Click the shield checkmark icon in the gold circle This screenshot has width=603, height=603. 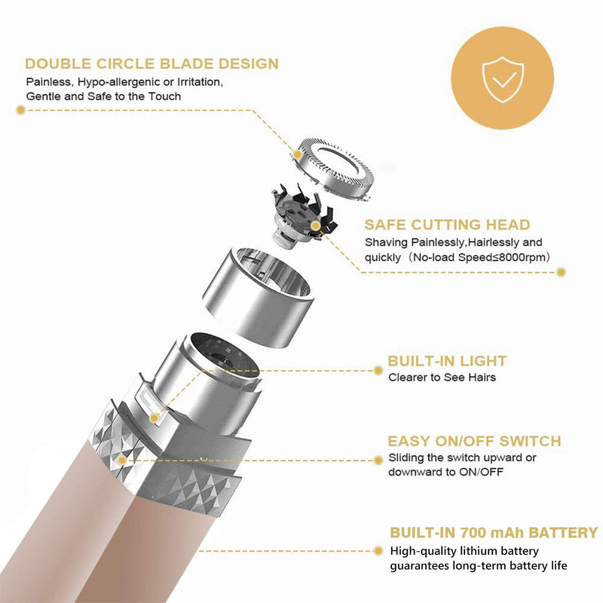[503, 79]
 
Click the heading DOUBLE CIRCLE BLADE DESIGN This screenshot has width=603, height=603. [152, 64]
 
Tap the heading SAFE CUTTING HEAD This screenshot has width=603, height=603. [447, 225]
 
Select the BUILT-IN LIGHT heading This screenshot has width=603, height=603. [447, 361]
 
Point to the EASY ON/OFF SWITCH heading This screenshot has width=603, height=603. [475, 441]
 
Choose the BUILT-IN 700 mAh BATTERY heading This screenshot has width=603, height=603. [494, 533]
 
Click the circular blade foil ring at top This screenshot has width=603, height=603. [332, 169]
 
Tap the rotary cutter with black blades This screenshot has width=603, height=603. [304, 215]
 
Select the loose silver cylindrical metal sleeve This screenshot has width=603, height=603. [259, 296]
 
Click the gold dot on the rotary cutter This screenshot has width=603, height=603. [315, 225]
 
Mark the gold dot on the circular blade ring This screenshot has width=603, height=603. [297, 155]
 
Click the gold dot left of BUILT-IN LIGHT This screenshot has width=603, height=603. [378, 370]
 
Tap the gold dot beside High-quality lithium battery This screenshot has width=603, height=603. [378, 551]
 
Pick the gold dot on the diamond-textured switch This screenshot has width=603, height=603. [122, 460]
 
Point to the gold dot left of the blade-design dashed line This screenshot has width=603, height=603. [21, 110]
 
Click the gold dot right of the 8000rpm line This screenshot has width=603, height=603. [561, 272]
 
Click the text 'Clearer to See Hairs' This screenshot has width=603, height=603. [442, 378]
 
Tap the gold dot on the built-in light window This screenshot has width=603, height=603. [154, 418]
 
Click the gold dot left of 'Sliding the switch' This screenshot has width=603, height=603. [378, 460]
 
